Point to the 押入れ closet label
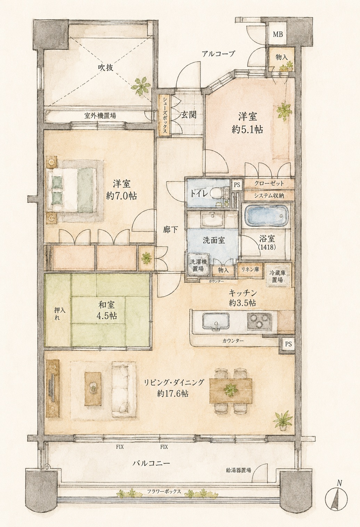click(58, 314)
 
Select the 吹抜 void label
click(106, 67)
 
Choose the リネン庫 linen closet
click(249, 270)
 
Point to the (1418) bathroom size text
click(267, 247)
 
